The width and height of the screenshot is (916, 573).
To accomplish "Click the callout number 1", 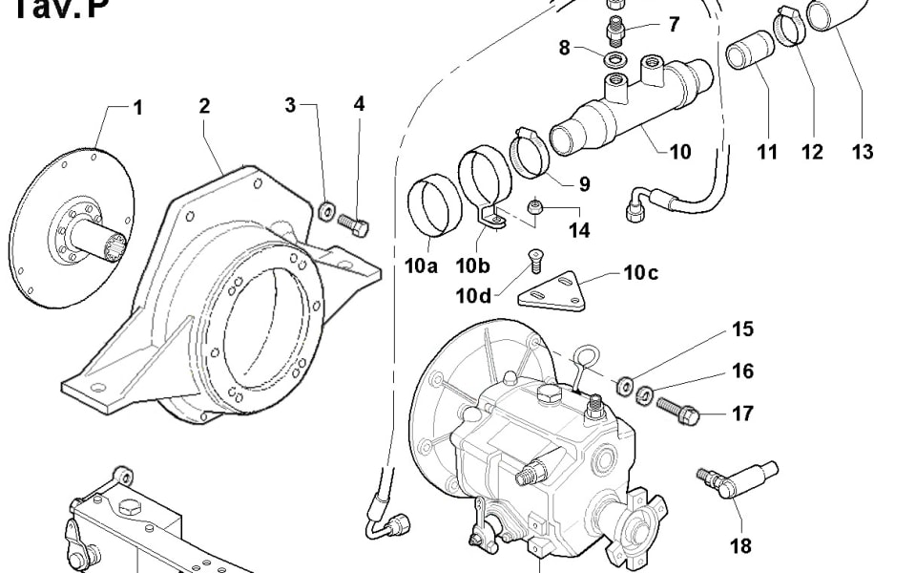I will (137, 108).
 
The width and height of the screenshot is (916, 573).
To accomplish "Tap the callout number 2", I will (204, 105).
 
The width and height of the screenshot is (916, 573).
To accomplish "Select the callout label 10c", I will (640, 272).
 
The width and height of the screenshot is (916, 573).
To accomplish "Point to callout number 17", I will (742, 414).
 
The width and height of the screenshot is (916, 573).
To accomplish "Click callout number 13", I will (862, 152).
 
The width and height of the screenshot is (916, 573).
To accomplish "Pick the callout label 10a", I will (420, 266).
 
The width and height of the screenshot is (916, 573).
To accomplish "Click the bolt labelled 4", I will (354, 224).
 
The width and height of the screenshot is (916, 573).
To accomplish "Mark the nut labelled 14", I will (537, 208).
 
